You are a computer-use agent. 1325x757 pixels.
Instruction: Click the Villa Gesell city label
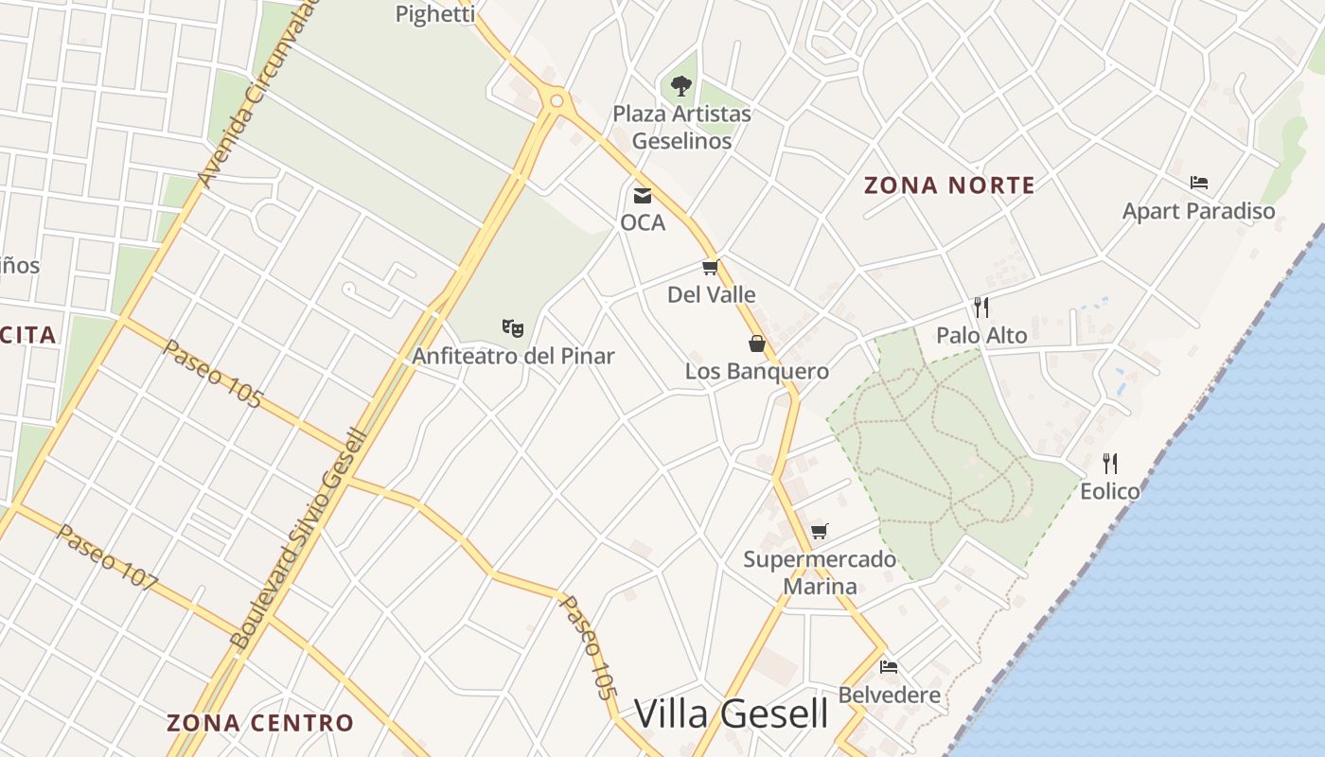[x=731, y=713]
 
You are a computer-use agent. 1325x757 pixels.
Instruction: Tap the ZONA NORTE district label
[x=949, y=185]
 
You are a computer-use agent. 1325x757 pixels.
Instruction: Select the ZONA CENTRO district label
[x=260, y=723]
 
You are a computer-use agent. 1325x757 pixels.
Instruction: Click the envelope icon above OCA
[x=643, y=196]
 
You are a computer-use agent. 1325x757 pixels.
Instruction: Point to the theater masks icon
[x=513, y=328]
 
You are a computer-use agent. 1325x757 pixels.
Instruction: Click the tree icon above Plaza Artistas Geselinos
[x=680, y=86]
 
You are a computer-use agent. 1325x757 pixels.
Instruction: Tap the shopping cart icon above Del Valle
[x=711, y=268]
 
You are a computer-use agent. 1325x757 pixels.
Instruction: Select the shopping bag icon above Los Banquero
[x=757, y=343]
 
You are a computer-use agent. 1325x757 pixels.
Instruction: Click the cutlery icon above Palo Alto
[x=981, y=308]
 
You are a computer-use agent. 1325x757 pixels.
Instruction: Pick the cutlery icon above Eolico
[x=1110, y=464]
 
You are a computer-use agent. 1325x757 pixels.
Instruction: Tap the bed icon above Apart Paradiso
[x=1199, y=183]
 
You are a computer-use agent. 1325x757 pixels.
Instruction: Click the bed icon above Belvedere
[x=889, y=667]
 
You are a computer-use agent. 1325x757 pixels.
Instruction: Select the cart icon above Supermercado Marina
[x=820, y=531]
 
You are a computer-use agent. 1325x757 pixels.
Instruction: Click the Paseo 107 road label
[x=106, y=557]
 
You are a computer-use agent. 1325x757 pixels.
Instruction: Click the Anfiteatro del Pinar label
[x=513, y=357]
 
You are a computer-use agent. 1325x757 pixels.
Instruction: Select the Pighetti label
[x=434, y=13]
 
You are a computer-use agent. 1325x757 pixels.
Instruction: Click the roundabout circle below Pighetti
[x=556, y=100]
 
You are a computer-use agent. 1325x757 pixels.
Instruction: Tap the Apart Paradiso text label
[x=1198, y=211]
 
